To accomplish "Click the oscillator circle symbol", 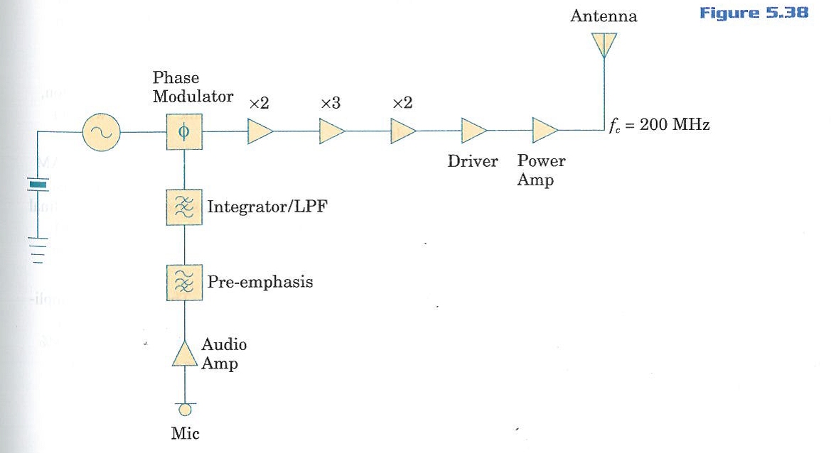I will point(101,132).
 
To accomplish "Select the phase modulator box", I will point(184,132).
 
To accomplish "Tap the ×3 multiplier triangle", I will point(331,132).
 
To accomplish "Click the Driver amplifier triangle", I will point(473,131).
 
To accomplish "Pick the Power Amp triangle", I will point(545,131).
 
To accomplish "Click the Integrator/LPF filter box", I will point(184,207).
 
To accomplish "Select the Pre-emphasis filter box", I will point(184,283).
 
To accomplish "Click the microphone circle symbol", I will point(185,410).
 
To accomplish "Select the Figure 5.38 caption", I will point(754,13).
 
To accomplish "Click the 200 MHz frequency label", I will point(660,126).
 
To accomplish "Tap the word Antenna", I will point(604,16).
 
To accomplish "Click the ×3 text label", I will point(331,104).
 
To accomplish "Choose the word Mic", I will point(185,433).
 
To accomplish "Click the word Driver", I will point(473,161).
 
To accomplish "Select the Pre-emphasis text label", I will point(260,282).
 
